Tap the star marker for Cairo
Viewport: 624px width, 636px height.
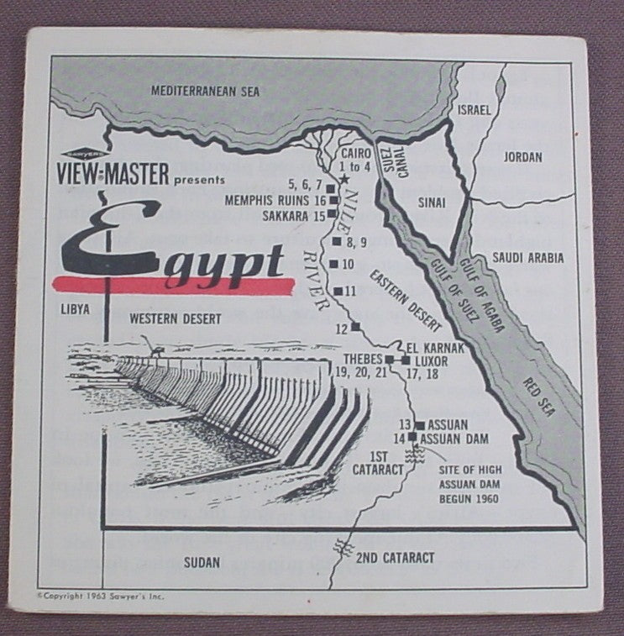(x=343, y=179)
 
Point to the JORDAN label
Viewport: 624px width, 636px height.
(x=522, y=157)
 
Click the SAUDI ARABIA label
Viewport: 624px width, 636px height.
(x=528, y=258)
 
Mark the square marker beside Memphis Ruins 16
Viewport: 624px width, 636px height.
(x=333, y=201)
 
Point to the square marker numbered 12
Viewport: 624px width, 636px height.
(x=355, y=326)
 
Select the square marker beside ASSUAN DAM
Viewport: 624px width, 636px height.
(x=412, y=437)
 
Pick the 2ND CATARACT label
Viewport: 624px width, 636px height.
(x=396, y=558)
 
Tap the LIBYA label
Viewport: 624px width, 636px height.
(x=75, y=309)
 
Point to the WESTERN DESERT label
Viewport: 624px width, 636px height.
(x=176, y=319)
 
